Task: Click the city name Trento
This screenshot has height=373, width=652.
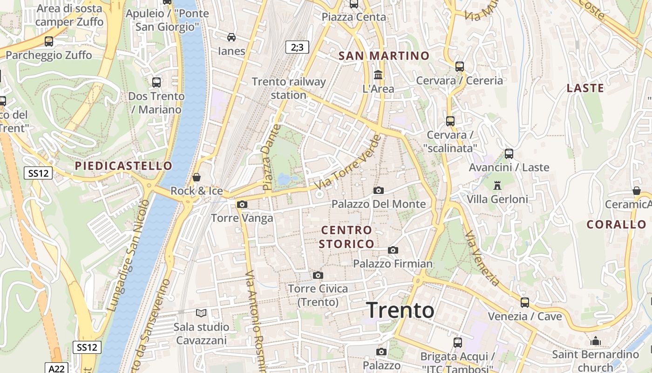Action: click(x=400, y=310)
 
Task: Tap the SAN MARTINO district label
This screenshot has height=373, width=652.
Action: click(x=384, y=56)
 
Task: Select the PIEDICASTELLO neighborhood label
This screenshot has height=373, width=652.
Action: click(x=123, y=166)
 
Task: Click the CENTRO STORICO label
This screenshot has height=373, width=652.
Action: click(x=346, y=237)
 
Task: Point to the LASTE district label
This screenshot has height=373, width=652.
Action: click(x=585, y=88)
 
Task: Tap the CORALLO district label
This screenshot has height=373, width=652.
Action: click(x=617, y=224)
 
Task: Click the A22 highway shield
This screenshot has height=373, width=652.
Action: click(x=57, y=368)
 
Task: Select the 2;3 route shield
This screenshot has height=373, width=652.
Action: click(x=297, y=47)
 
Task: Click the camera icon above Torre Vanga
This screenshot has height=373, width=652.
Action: click(x=242, y=204)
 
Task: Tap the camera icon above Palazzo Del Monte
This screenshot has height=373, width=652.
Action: click(x=378, y=190)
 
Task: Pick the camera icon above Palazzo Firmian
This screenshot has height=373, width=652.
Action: click(x=393, y=250)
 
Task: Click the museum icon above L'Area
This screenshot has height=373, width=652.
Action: click(x=378, y=75)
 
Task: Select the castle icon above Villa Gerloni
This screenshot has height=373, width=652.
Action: click(x=497, y=186)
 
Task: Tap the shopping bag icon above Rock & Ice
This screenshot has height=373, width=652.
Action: click(x=197, y=177)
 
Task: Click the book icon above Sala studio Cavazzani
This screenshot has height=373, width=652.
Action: click(x=201, y=313)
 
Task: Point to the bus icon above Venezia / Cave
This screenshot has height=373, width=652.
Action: click(x=525, y=303)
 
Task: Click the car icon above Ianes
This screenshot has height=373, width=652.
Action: click(x=231, y=37)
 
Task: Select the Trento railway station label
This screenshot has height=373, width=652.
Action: click(x=289, y=88)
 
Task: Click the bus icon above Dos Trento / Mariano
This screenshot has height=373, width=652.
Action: click(x=156, y=83)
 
